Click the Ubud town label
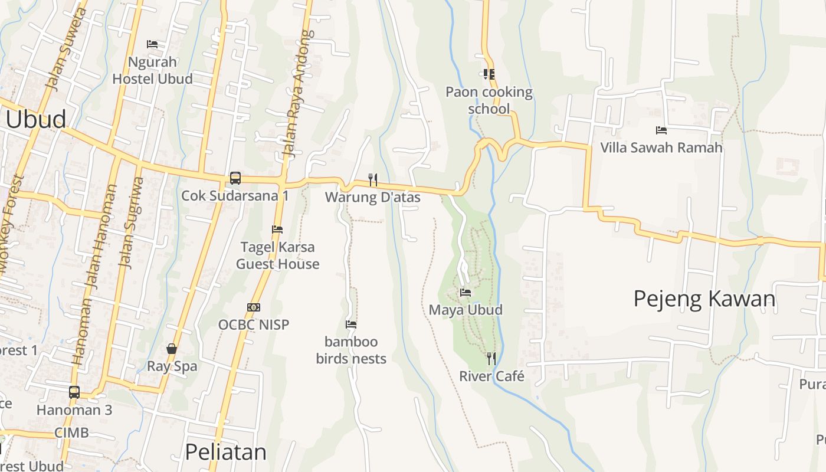pos(37,120)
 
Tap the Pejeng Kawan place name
pos(704,299)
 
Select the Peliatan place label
pos(225,452)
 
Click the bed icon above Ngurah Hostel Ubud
pos(152,44)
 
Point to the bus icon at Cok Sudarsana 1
pos(235,178)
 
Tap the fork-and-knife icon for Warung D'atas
pos(372,179)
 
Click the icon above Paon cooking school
pos(489,74)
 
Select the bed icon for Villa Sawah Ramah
pos(661,130)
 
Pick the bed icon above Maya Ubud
pos(466,292)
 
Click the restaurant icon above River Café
pos(491,358)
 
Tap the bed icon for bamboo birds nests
pos(351,324)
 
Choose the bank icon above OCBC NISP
pos(254,307)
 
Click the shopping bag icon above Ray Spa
pos(172,349)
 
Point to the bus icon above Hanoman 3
pos(74,392)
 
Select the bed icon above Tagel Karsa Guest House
pos(277,230)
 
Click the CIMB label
pos(71,432)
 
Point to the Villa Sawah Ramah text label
pos(661,147)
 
